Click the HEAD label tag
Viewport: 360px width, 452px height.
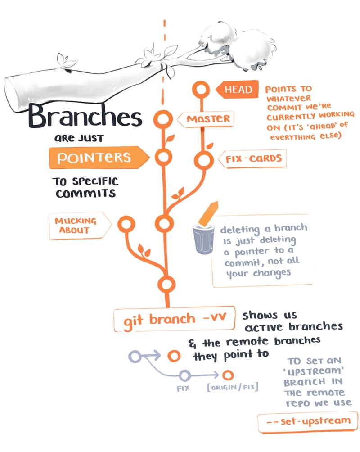pos(237,89)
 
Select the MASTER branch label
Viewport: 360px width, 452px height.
pos(205,119)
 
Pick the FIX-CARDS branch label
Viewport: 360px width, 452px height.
pos(252,158)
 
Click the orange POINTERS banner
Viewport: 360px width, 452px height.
pos(99,157)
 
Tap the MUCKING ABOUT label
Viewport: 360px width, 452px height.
pos(80,226)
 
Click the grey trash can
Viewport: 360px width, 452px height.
pos(203,239)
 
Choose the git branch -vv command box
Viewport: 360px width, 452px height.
pos(174,319)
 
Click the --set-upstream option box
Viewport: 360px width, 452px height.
pos(307,422)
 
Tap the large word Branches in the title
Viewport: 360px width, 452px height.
pos(85,116)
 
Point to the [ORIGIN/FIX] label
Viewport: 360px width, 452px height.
pos(233,387)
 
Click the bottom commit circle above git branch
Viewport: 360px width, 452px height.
pos(162,285)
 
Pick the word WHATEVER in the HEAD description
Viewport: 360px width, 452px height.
pos(289,99)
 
